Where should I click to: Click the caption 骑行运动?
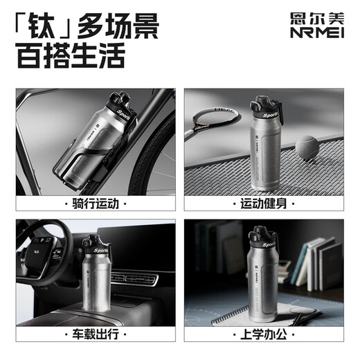coord(95,204)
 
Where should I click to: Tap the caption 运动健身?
coord(265,204)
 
